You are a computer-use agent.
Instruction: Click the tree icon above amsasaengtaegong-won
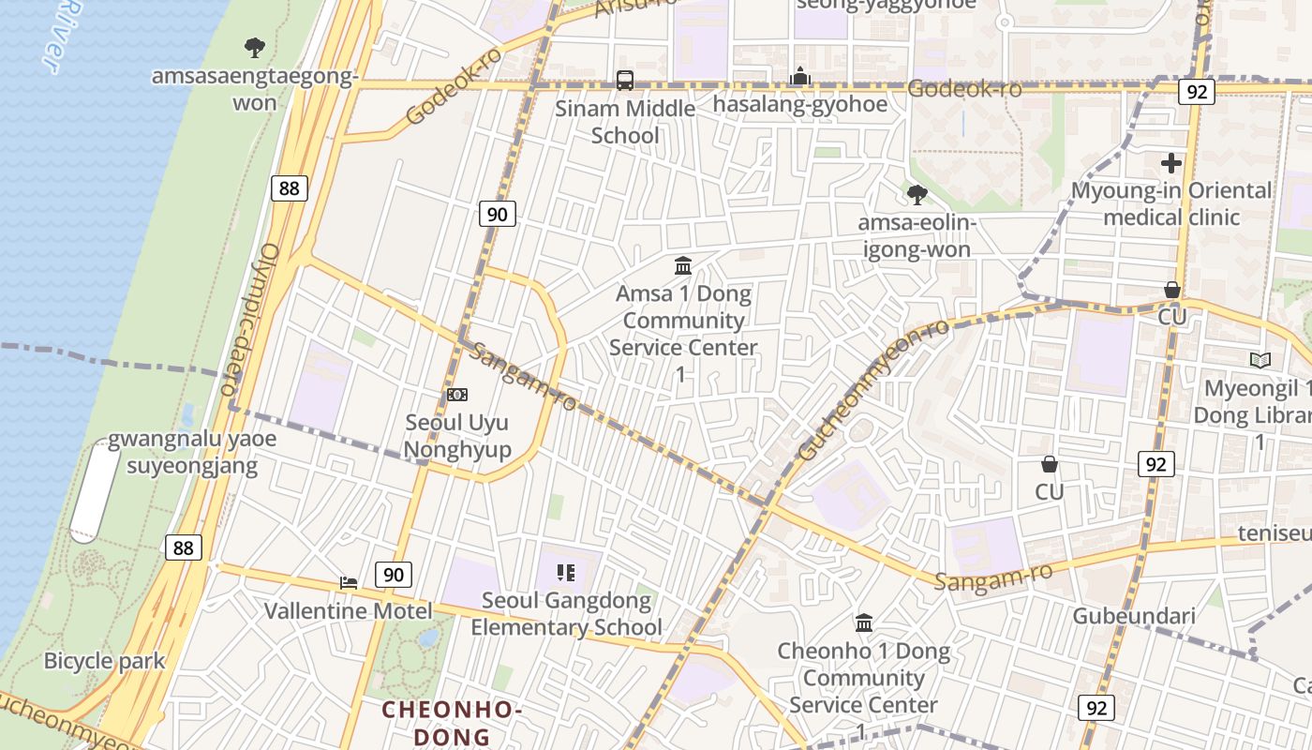click(x=254, y=47)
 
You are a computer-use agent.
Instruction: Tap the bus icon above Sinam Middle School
click(x=625, y=81)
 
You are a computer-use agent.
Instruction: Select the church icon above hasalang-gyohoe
click(x=799, y=76)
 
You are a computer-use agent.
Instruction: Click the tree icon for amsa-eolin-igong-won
click(x=917, y=195)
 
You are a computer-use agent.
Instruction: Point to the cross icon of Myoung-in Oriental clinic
click(x=1170, y=163)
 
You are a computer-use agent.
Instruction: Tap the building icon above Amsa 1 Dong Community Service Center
click(x=683, y=265)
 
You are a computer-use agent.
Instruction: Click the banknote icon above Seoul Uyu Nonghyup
click(x=457, y=395)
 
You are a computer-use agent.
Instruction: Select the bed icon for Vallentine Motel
click(x=349, y=583)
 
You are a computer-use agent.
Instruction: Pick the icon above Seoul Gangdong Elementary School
click(x=565, y=572)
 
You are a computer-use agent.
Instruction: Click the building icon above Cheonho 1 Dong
click(x=864, y=622)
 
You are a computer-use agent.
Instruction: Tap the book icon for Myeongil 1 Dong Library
click(x=1260, y=360)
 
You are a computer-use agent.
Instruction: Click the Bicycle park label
click(x=104, y=660)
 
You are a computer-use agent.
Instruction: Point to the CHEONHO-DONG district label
click(x=451, y=723)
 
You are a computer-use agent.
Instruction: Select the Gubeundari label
click(x=1134, y=616)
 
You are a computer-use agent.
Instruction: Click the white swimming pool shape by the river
click(x=95, y=493)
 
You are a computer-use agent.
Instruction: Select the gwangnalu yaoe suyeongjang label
click(x=191, y=453)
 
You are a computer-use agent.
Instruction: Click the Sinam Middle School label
click(x=625, y=122)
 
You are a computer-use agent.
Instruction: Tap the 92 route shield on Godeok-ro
click(x=1196, y=92)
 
